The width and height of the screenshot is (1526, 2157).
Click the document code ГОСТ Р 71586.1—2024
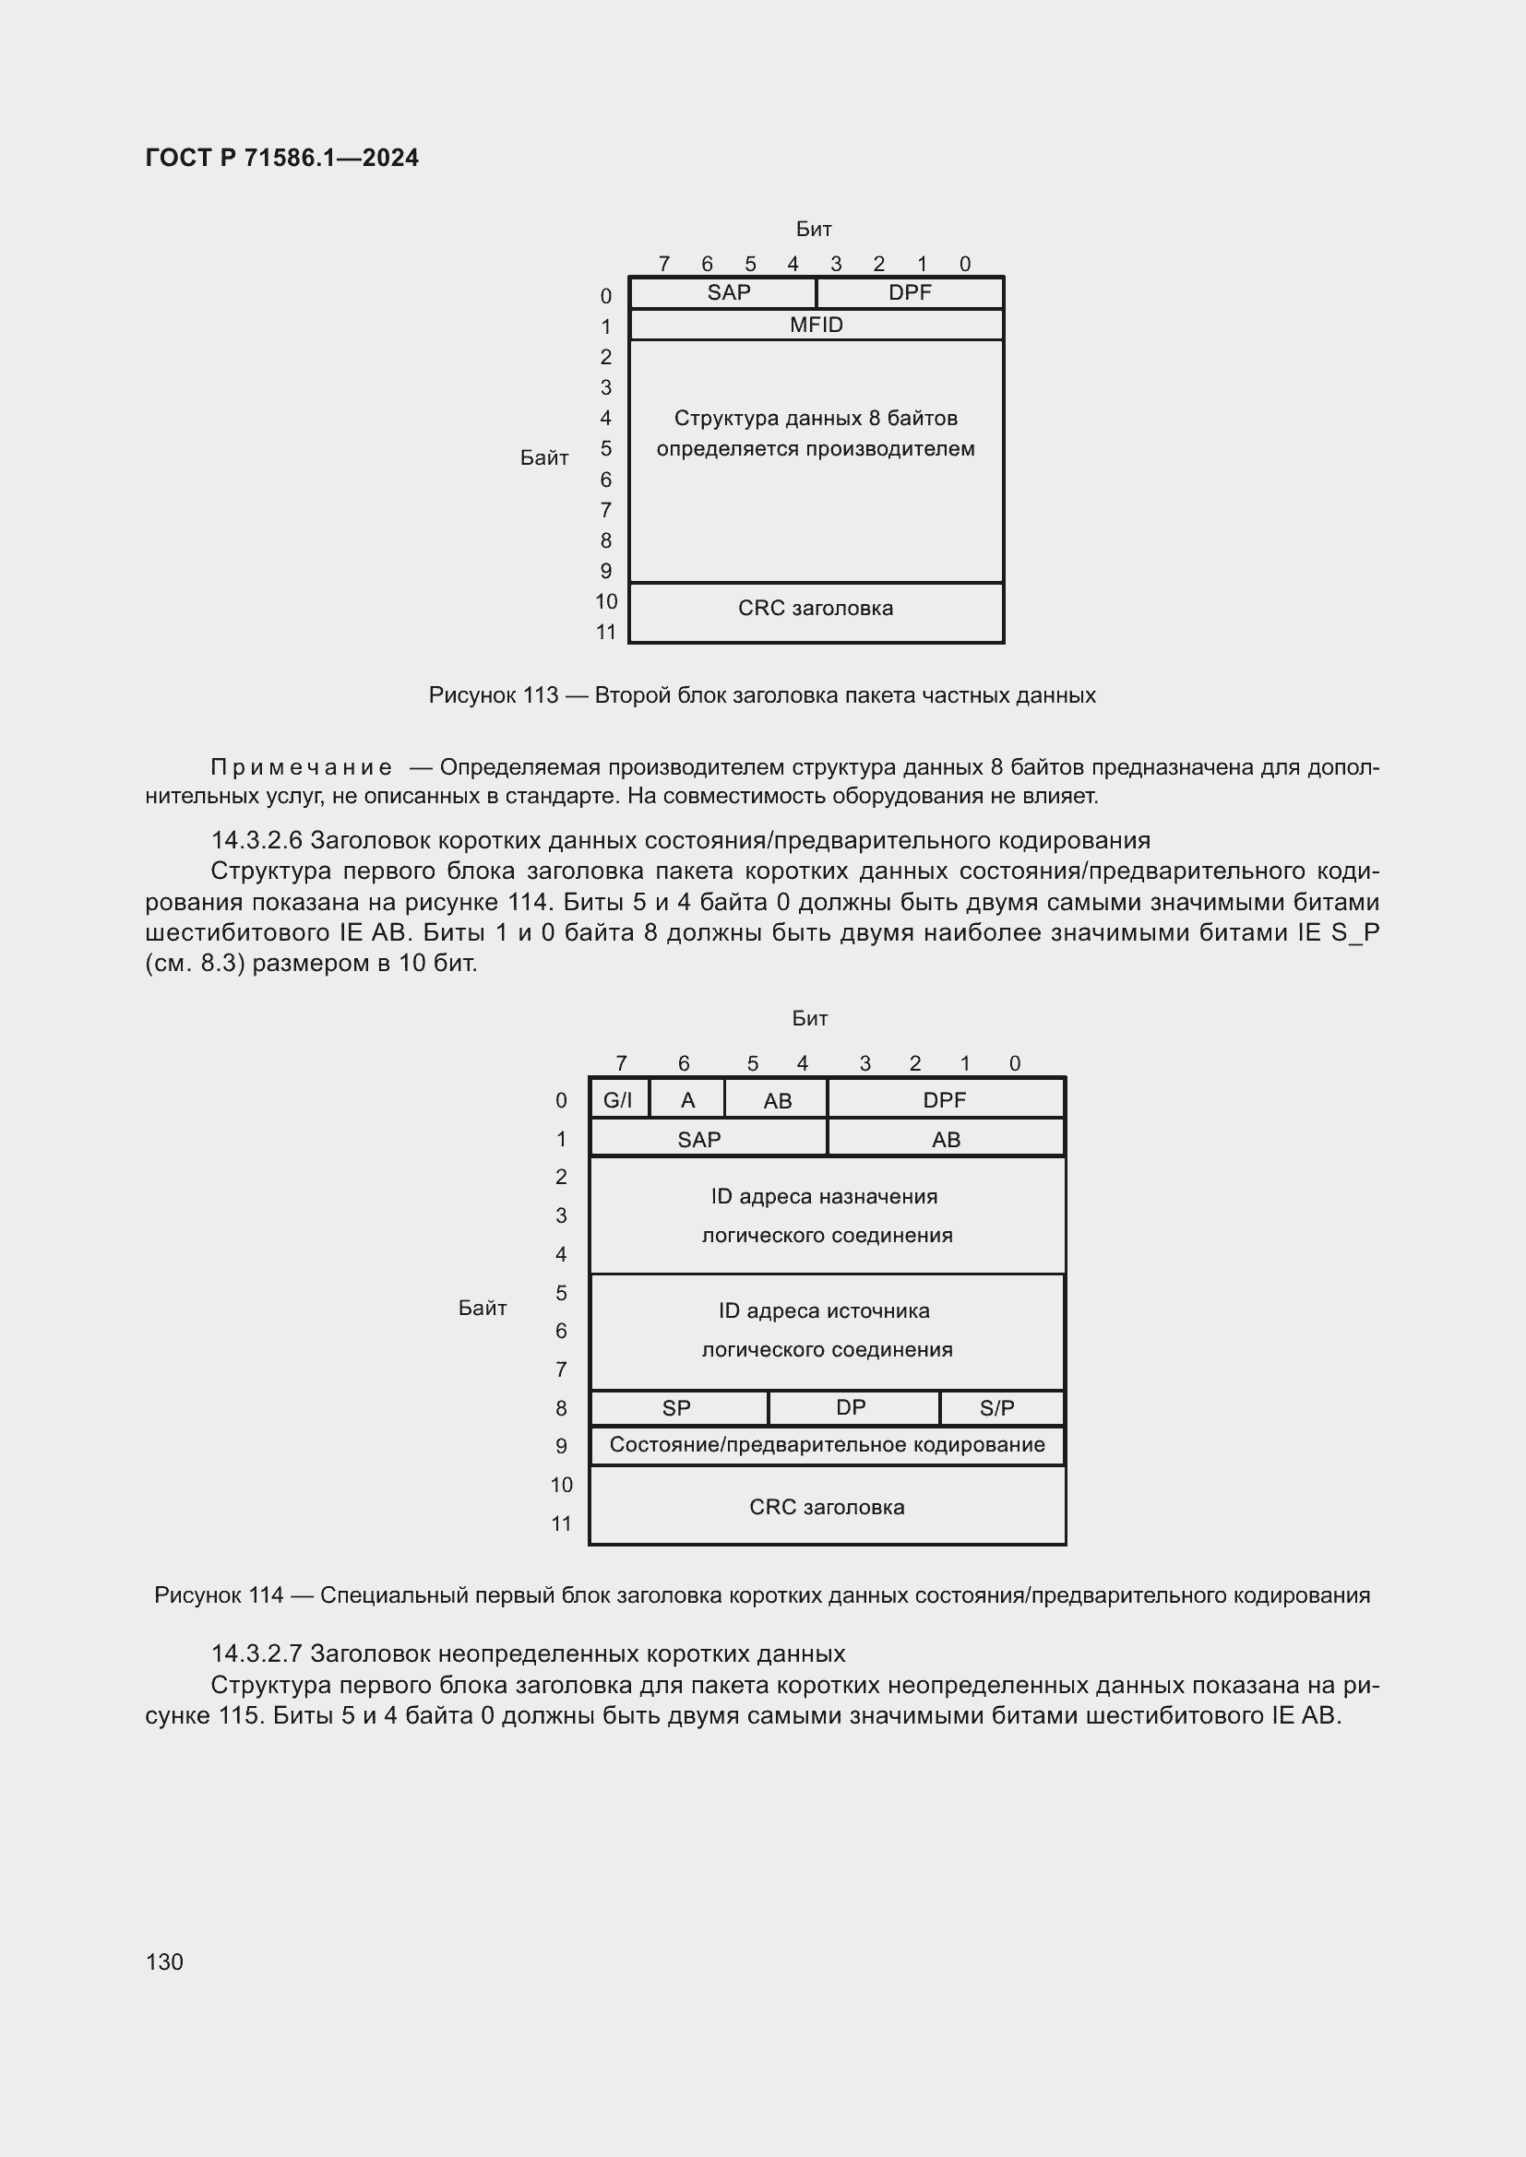(x=282, y=158)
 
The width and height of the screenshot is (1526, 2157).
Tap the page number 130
(x=164, y=1961)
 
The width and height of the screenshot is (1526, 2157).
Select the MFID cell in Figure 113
(x=816, y=325)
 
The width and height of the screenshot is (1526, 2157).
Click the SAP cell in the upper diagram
(x=728, y=292)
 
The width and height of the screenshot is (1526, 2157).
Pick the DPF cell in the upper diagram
(x=910, y=292)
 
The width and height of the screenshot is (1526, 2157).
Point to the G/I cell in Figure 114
(x=618, y=1100)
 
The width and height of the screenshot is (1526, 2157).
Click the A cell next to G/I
(x=688, y=1100)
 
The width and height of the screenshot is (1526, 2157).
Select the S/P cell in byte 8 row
(x=997, y=1408)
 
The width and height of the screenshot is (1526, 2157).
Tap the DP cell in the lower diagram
(x=852, y=1407)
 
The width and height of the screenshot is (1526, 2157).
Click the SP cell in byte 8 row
(x=676, y=1408)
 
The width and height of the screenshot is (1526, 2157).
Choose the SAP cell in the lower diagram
(x=699, y=1140)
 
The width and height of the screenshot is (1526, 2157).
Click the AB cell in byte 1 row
(x=947, y=1140)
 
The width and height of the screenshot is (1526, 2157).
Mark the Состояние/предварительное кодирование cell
(x=827, y=1445)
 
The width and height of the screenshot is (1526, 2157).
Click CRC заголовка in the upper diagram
(x=816, y=609)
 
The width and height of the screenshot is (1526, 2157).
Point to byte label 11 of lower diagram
(x=561, y=1523)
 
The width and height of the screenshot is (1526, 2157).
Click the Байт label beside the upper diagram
(x=544, y=458)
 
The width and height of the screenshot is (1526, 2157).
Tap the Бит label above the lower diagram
(x=810, y=1018)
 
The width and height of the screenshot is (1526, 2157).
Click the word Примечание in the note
(x=302, y=767)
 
